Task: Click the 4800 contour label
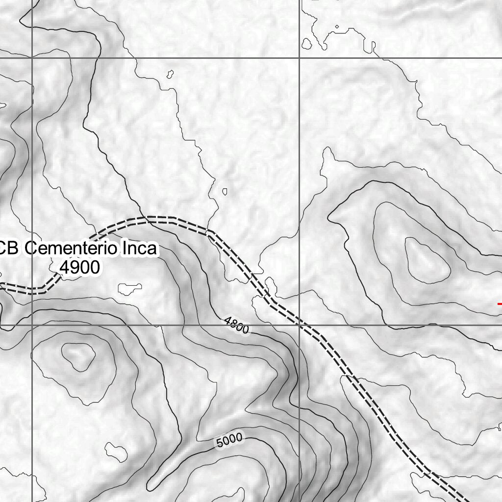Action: pyautogui.click(x=236, y=325)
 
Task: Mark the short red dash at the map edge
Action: pyautogui.click(x=499, y=304)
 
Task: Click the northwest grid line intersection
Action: pyautogui.click(x=32, y=58)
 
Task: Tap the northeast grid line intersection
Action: pyautogui.click(x=299, y=58)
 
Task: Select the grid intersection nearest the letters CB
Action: pyautogui.click(x=32, y=325)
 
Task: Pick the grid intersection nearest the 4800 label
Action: pyautogui.click(x=299, y=325)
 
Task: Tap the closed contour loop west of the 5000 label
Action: pyautogui.click(x=115, y=451)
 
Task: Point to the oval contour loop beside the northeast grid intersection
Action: pyautogui.click(x=307, y=44)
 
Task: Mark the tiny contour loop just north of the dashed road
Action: pyautogui.click(x=225, y=191)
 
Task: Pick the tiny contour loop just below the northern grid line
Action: pyautogui.click(x=170, y=75)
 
